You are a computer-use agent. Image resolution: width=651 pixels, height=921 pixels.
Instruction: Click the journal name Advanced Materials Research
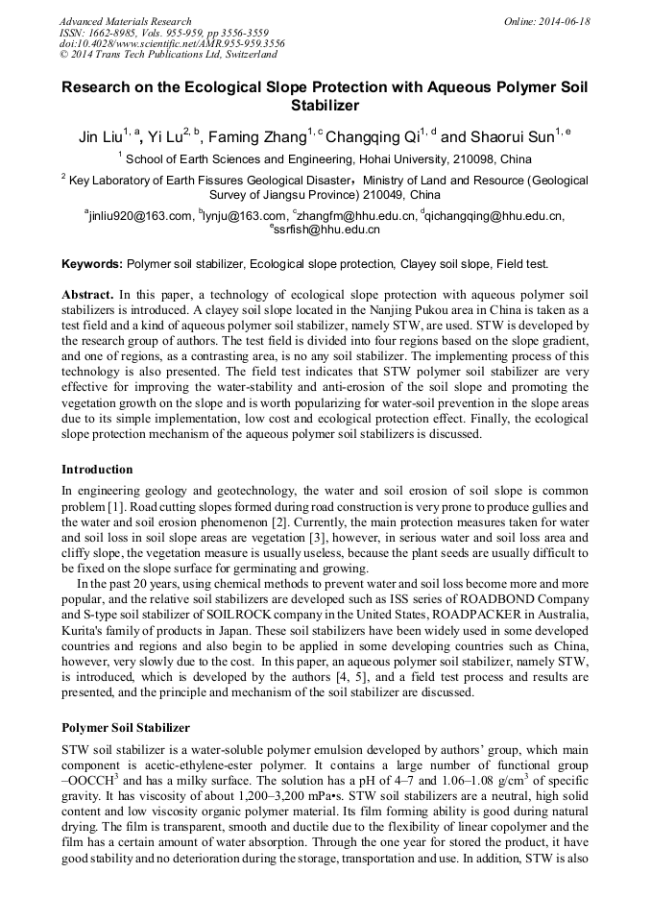tap(126, 21)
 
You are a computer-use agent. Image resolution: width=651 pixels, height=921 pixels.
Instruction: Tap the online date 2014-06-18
tap(564, 21)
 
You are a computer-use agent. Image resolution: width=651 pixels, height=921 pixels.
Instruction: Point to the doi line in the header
tap(172, 43)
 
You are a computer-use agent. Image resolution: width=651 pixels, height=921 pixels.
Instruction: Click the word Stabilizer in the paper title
tap(325, 106)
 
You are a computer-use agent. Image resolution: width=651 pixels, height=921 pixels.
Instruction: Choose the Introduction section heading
tap(97, 470)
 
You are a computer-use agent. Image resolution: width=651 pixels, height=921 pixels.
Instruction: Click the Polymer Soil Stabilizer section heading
tap(126, 728)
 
